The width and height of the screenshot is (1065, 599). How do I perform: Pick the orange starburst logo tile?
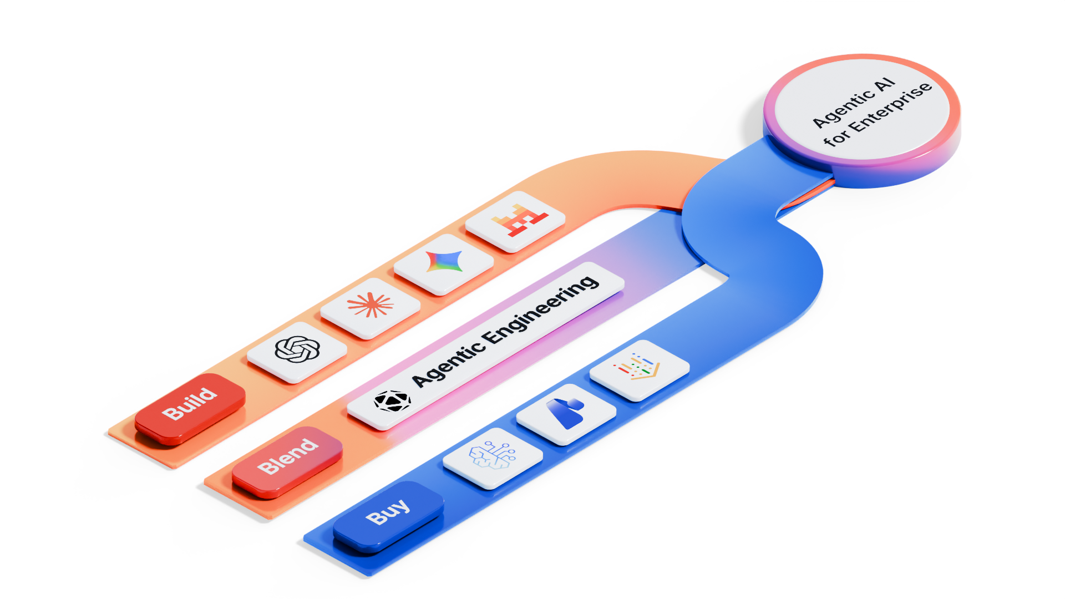(x=370, y=307)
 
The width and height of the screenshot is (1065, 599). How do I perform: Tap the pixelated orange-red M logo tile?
(x=515, y=220)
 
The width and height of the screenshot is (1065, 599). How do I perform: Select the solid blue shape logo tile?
(x=566, y=413)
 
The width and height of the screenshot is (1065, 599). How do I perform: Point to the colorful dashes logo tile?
(x=640, y=369)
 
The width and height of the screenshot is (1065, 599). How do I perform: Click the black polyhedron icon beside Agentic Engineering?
(x=392, y=401)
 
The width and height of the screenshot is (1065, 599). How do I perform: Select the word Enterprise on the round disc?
(x=891, y=106)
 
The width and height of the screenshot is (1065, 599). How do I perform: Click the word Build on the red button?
(x=189, y=403)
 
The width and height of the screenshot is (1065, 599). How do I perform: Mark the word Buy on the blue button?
(x=388, y=511)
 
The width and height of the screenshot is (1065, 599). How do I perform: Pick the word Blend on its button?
(x=287, y=456)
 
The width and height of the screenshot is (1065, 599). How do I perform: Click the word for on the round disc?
(x=836, y=136)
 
